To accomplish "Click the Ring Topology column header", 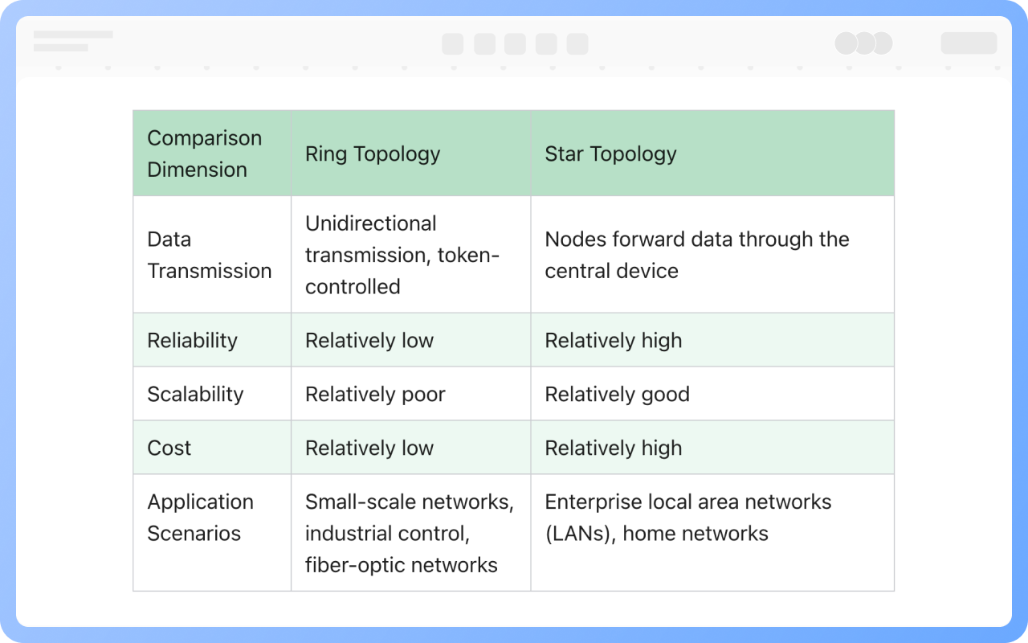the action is [x=373, y=154].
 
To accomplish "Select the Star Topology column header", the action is [x=610, y=154].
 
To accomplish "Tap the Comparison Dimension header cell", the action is [x=205, y=154].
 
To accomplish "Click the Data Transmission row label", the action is [x=210, y=255].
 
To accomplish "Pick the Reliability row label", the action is [x=192, y=340].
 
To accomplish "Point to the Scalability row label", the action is [x=195, y=394].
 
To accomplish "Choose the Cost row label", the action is [x=169, y=448].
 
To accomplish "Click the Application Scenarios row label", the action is [x=201, y=518].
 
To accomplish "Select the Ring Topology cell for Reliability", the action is [x=369, y=340].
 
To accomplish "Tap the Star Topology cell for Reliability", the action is [x=613, y=340].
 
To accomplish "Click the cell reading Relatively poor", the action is [x=375, y=394].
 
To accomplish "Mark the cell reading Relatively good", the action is [x=618, y=394].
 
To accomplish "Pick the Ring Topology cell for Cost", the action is [x=369, y=448].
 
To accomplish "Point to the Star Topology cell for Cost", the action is [x=613, y=448].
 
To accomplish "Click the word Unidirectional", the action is [x=371, y=223].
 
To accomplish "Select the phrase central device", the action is [x=611, y=271].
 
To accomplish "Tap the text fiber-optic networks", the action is [x=401, y=565].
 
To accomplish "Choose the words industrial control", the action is [x=387, y=534].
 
